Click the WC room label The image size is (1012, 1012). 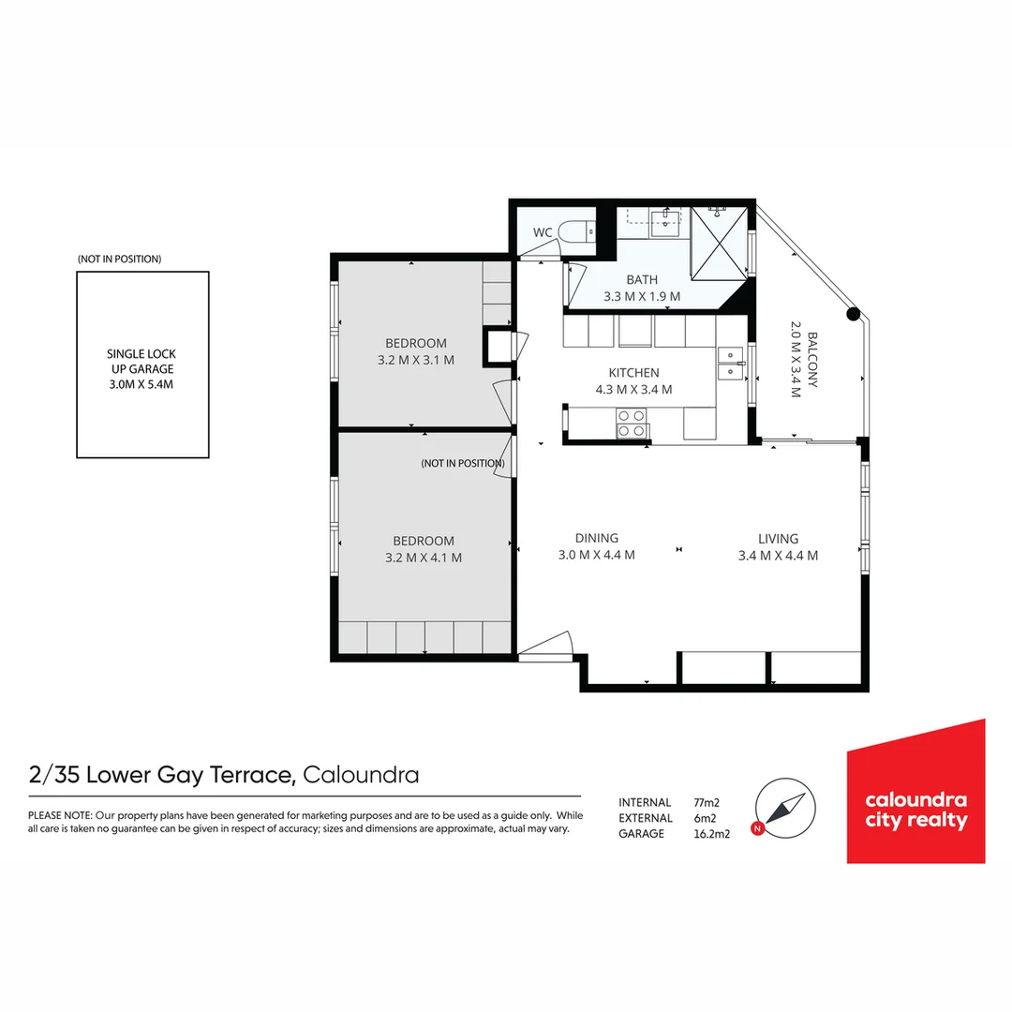543,232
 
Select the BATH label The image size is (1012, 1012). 642,279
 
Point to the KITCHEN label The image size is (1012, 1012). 633,373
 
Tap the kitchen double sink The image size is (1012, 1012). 730,364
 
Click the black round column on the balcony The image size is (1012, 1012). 853,315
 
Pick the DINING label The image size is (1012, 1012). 597,538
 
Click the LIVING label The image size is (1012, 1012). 778,538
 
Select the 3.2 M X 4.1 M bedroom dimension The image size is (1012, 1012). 424,558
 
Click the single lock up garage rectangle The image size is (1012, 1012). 142,365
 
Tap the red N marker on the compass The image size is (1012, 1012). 757,827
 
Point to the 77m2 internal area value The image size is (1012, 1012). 705,802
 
